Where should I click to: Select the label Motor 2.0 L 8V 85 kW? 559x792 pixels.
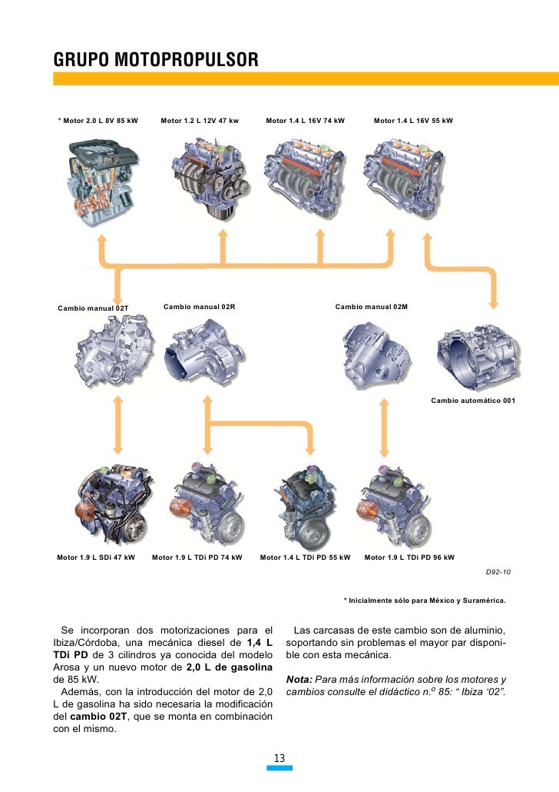pyautogui.click(x=98, y=121)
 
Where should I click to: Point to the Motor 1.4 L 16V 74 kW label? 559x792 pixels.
pyautogui.click(x=306, y=121)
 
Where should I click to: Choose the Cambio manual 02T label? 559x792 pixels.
pyautogui.click(x=93, y=308)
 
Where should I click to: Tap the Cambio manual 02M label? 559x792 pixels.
pyautogui.click(x=372, y=307)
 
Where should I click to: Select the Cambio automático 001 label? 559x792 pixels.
pyautogui.click(x=473, y=401)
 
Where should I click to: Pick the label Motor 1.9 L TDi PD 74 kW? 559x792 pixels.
pyautogui.click(x=197, y=557)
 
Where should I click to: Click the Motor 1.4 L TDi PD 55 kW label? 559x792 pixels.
pyautogui.click(x=306, y=557)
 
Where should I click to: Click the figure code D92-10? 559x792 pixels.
pyautogui.click(x=499, y=573)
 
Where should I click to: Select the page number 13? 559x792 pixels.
pyautogui.click(x=279, y=759)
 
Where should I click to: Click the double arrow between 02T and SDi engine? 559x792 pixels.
pyautogui.click(x=118, y=426)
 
